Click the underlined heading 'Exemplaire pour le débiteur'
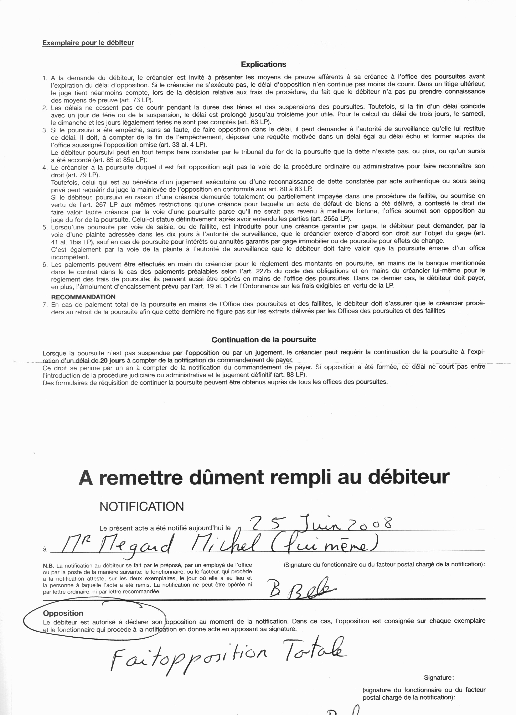point(88,43)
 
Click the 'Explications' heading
point(263,64)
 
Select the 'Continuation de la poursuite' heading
point(264,340)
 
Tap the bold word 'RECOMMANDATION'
point(83,297)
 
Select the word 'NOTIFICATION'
point(142,507)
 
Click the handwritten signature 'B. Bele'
point(301,588)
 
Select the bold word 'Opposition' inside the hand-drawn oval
point(63,613)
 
